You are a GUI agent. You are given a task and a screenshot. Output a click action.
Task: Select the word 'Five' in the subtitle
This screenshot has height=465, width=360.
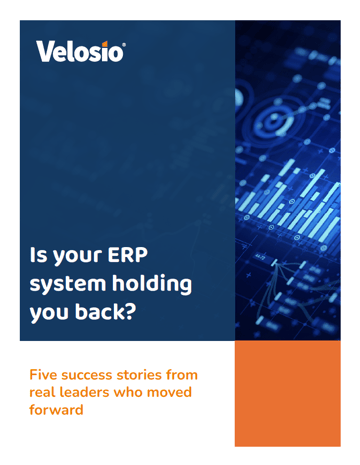(49, 374)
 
